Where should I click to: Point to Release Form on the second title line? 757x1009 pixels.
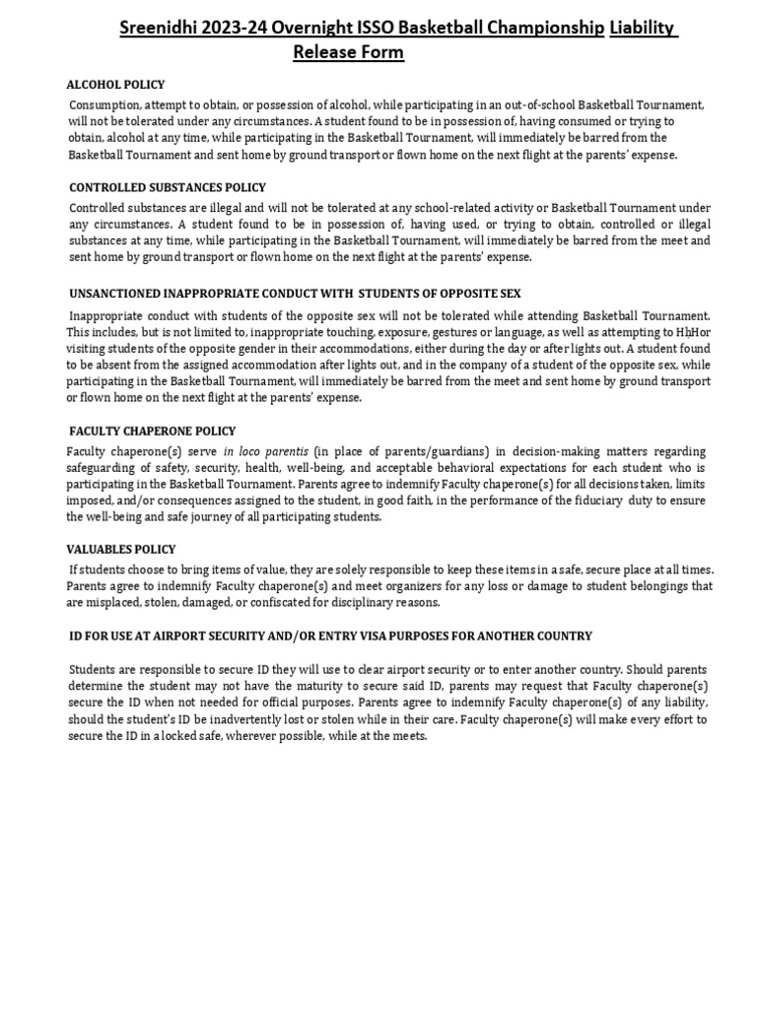[x=348, y=52]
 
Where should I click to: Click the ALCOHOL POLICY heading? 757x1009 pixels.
[x=115, y=85]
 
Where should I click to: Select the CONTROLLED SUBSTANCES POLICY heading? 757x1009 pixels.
[x=168, y=187]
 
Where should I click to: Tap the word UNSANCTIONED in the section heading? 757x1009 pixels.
[x=118, y=294]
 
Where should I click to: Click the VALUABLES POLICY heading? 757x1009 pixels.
[x=122, y=549]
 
